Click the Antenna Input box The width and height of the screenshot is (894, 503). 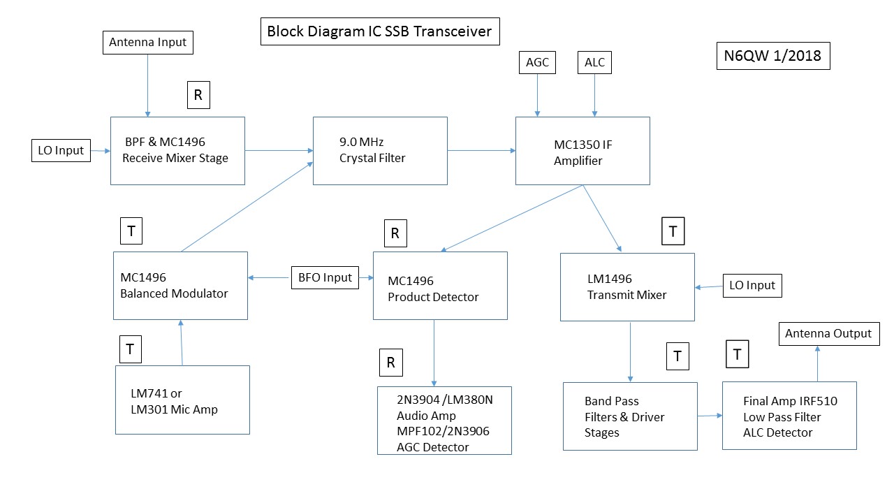(147, 42)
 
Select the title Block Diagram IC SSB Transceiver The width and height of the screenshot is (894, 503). (380, 31)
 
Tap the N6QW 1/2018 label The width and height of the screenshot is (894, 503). (773, 57)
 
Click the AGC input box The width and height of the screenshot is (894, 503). (537, 63)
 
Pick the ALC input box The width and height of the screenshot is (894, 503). (594, 63)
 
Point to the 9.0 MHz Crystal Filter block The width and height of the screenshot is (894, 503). (380, 151)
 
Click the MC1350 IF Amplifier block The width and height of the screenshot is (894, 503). (582, 151)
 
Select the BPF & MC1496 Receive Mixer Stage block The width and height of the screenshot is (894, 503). (177, 151)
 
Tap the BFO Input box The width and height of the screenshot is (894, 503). (325, 277)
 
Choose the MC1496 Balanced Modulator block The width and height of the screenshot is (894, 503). (180, 286)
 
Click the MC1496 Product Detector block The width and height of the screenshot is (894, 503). (440, 286)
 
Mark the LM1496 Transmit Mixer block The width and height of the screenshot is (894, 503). (627, 287)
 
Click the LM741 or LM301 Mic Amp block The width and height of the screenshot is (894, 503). (182, 400)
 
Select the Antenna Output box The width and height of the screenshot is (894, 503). (828, 333)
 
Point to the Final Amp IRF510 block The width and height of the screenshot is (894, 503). (789, 416)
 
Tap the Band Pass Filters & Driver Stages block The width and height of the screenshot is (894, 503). (630, 416)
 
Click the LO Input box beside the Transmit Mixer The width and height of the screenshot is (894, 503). (752, 285)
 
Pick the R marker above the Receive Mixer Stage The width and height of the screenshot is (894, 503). (198, 96)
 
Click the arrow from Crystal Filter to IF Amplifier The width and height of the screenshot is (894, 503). (481, 150)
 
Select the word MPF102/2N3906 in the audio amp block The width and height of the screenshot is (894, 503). (443, 431)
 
